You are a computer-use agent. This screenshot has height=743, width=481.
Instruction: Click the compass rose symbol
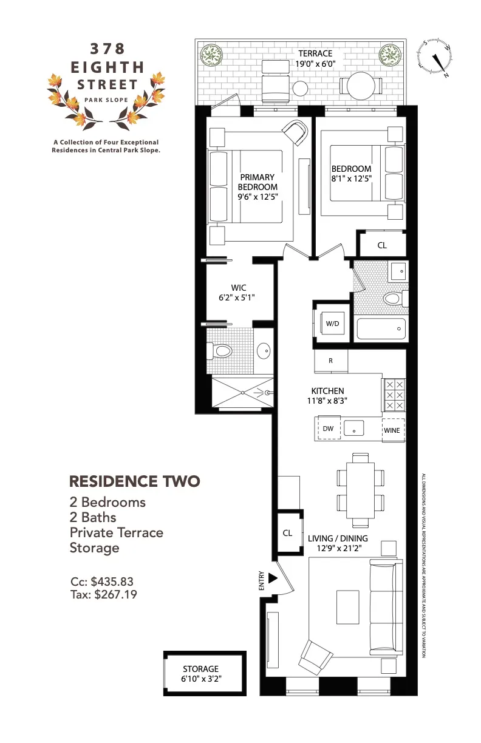pyautogui.click(x=436, y=58)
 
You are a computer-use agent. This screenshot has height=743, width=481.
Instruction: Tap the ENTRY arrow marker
pyautogui.click(x=273, y=578)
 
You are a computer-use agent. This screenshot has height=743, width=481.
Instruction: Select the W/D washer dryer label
pyautogui.click(x=332, y=324)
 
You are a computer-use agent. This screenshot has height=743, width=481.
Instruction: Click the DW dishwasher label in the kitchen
pyautogui.click(x=328, y=429)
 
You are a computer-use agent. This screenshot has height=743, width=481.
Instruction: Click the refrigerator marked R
pyautogui.click(x=330, y=361)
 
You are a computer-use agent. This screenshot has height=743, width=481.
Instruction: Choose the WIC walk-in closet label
pyautogui.click(x=238, y=288)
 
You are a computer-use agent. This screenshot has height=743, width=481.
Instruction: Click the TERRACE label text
pyautogui.click(x=315, y=53)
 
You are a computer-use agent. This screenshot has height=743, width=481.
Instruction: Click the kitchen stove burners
pyautogui.click(x=393, y=395)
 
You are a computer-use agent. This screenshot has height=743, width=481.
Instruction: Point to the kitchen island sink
pyautogui.click(x=354, y=429)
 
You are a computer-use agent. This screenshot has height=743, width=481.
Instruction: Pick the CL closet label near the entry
pyautogui.click(x=288, y=533)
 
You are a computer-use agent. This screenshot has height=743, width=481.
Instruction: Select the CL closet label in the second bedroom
pyautogui.click(x=382, y=246)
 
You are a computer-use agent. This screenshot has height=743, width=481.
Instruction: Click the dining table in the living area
pyautogui.click(x=359, y=489)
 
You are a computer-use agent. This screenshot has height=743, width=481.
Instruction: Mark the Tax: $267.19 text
pyautogui.click(x=104, y=595)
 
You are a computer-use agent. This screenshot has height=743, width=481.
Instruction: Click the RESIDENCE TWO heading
pyautogui.click(x=134, y=481)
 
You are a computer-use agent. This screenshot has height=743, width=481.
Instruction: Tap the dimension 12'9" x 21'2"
pyautogui.click(x=337, y=549)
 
